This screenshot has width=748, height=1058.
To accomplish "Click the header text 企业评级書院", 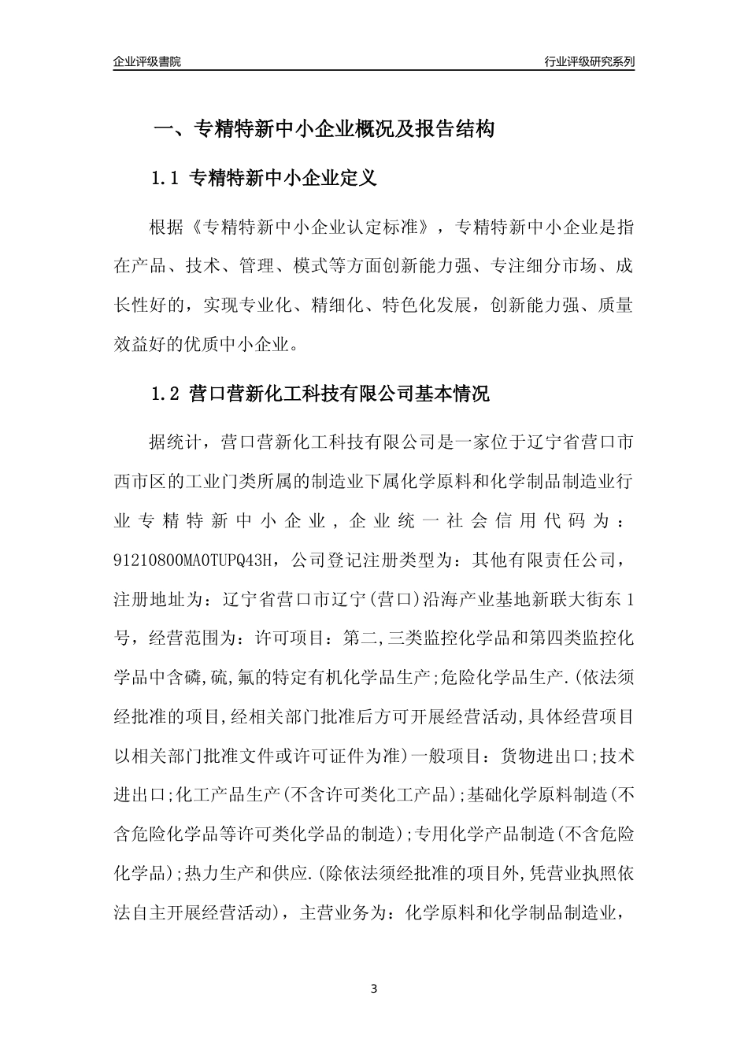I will point(147,61).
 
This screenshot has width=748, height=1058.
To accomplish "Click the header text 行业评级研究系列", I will point(589,61).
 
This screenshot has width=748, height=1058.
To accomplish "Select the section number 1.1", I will point(166,179).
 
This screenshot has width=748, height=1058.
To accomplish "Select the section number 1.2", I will point(166,394).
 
